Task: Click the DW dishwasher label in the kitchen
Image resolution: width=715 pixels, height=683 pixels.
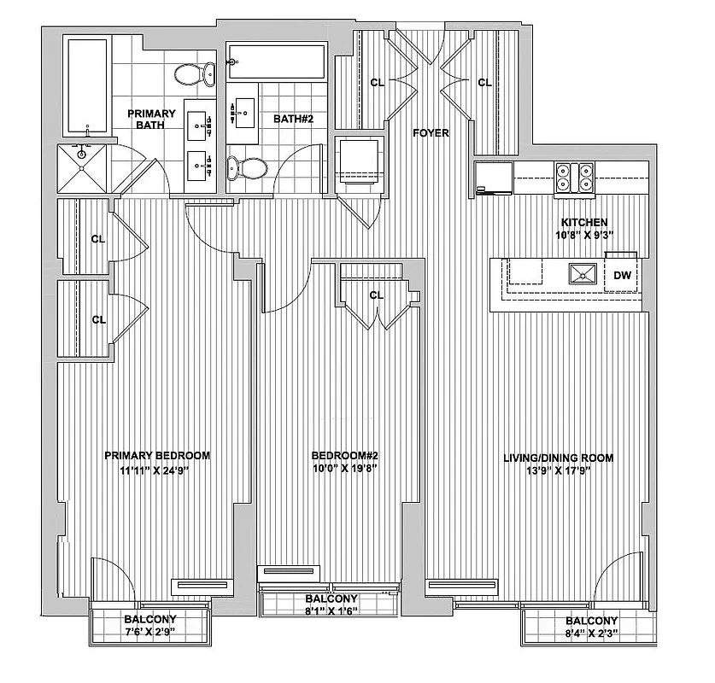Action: (x=622, y=275)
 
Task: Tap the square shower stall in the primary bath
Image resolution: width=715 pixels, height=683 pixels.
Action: (x=83, y=169)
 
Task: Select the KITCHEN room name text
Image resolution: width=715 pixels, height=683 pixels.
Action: (x=584, y=222)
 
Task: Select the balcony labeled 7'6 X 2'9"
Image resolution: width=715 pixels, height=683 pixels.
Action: (x=150, y=626)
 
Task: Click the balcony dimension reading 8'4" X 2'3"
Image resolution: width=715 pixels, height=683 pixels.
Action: (x=592, y=633)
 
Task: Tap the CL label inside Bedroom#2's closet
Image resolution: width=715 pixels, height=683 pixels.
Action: (x=376, y=295)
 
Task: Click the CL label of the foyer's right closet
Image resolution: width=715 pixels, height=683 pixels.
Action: (x=484, y=83)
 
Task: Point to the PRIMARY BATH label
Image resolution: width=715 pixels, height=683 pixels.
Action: (x=151, y=120)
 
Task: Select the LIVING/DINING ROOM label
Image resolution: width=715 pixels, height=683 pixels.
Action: (x=558, y=458)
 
